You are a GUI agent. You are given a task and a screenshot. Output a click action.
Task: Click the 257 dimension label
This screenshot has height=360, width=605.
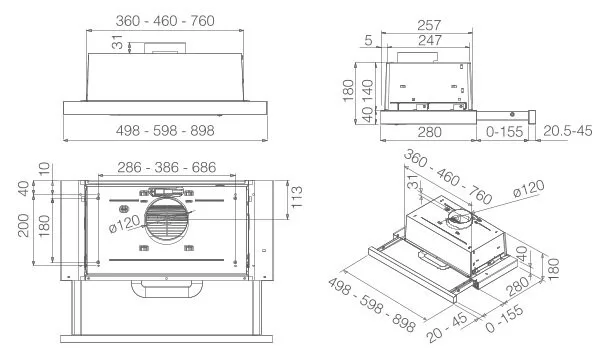coord(429,25)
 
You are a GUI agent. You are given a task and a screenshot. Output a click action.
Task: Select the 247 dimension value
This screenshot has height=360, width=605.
coord(429,40)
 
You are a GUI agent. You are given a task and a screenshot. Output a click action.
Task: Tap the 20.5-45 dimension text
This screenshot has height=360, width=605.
coord(567,131)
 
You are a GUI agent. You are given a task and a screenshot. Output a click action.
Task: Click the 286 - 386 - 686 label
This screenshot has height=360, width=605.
coord(167,167)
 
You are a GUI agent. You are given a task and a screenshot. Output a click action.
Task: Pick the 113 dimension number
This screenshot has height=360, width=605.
coord(296,197)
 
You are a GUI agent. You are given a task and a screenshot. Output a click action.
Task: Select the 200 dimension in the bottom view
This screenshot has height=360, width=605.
coord(24,225)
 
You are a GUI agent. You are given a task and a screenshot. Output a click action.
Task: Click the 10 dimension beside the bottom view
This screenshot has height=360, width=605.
coord(45,169)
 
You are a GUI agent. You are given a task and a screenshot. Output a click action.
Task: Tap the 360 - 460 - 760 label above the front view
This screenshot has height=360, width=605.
coord(165,21)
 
